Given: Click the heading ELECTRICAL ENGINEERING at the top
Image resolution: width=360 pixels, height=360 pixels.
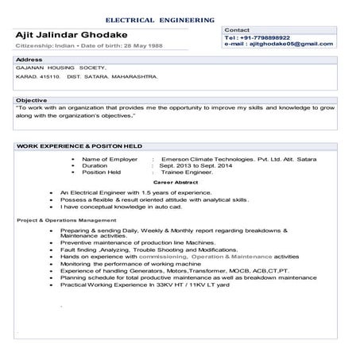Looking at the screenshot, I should (x=159, y=18).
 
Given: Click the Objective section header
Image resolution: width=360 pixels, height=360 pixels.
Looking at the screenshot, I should (x=33, y=101).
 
